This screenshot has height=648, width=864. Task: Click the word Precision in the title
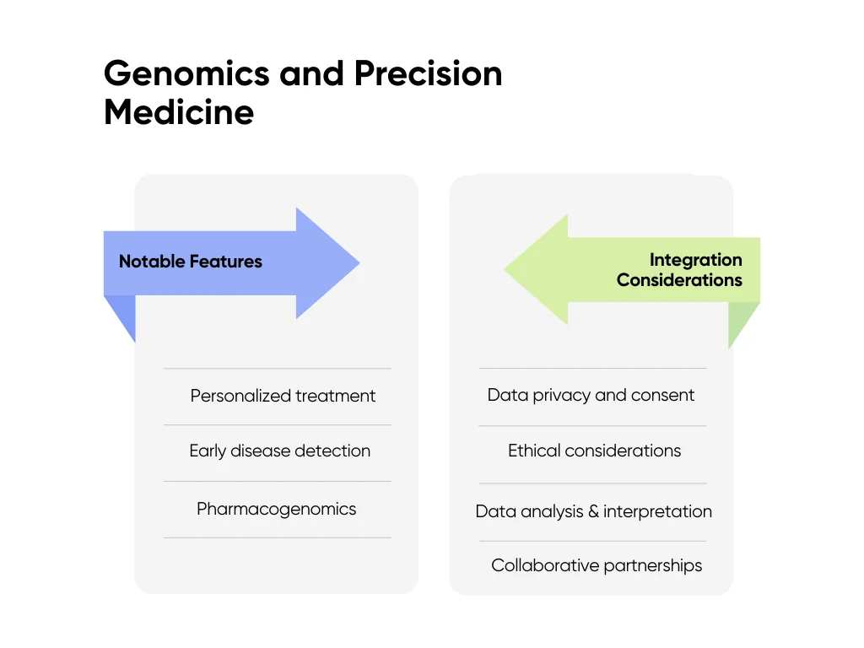coord(428,74)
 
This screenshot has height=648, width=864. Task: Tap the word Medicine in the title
coord(179,112)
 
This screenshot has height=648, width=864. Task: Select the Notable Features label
coord(190,262)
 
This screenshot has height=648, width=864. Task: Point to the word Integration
coord(695,260)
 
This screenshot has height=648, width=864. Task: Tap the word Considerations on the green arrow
coord(679,280)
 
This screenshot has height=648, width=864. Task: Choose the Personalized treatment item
coord(283,396)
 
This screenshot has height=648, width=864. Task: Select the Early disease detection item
coord(279,451)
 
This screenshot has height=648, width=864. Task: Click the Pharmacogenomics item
coord(276,509)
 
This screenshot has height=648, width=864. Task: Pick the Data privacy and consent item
coord(591,395)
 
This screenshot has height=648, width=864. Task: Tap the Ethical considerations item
coord(594,451)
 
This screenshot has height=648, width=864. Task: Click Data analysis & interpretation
coord(593,511)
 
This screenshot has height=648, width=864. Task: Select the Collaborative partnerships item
coord(596,565)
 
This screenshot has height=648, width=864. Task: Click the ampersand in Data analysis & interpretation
coord(592,511)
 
